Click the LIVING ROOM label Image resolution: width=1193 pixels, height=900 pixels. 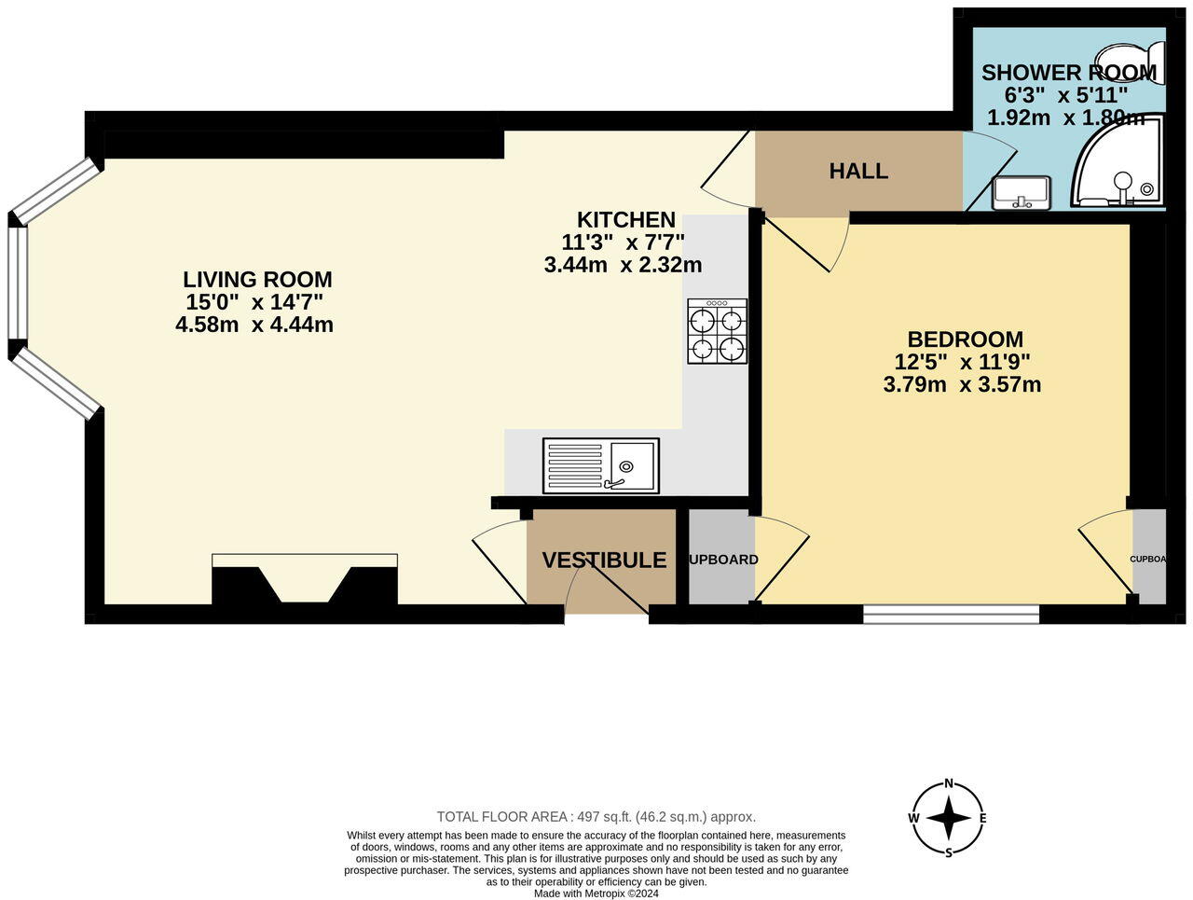pyautogui.click(x=257, y=279)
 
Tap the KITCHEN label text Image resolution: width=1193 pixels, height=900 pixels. pyautogui.click(x=625, y=220)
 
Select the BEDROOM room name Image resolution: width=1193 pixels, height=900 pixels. pyautogui.click(x=965, y=339)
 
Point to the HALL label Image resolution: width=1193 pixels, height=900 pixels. pyautogui.click(x=858, y=172)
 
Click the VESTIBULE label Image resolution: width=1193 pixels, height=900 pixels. pyautogui.click(x=604, y=561)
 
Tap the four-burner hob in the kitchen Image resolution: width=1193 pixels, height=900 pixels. pyautogui.click(x=718, y=332)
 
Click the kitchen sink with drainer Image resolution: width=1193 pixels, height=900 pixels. pyautogui.click(x=601, y=465)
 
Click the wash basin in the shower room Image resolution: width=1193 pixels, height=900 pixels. pyautogui.click(x=1022, y=192)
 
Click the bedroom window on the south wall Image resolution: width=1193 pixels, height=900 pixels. pyautogui.click(x=951, y=614)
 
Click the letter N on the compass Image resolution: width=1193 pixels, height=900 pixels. pyautogui.click(x=949, y=783)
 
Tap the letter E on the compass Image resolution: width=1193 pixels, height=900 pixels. pyautogui.click(x=982, y=819)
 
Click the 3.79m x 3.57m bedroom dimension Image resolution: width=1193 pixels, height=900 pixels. pyautogui.click(x=961, y=384)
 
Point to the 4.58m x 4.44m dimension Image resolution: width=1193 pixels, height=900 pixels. pyautogui.click(x=254, y=325)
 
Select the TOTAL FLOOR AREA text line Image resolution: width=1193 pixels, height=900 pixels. pyautogui.click(x=596, y=816)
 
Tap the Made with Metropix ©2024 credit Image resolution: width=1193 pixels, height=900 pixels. pyautogui.click(x=596, y=893)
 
